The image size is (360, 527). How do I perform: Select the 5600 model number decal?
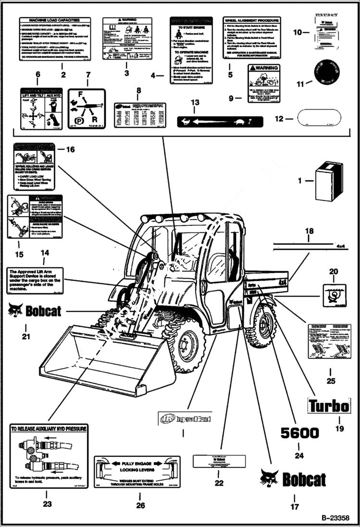click(299, 433)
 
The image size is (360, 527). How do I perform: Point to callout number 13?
click(195, 102)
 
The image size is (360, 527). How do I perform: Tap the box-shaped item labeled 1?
click(329, 181)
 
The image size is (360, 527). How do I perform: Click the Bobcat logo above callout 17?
click(293, 479)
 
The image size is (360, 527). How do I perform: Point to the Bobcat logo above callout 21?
click(35, 311)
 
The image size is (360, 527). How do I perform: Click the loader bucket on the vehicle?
click(101, 358)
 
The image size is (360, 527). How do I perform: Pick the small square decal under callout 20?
click(334, 293)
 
